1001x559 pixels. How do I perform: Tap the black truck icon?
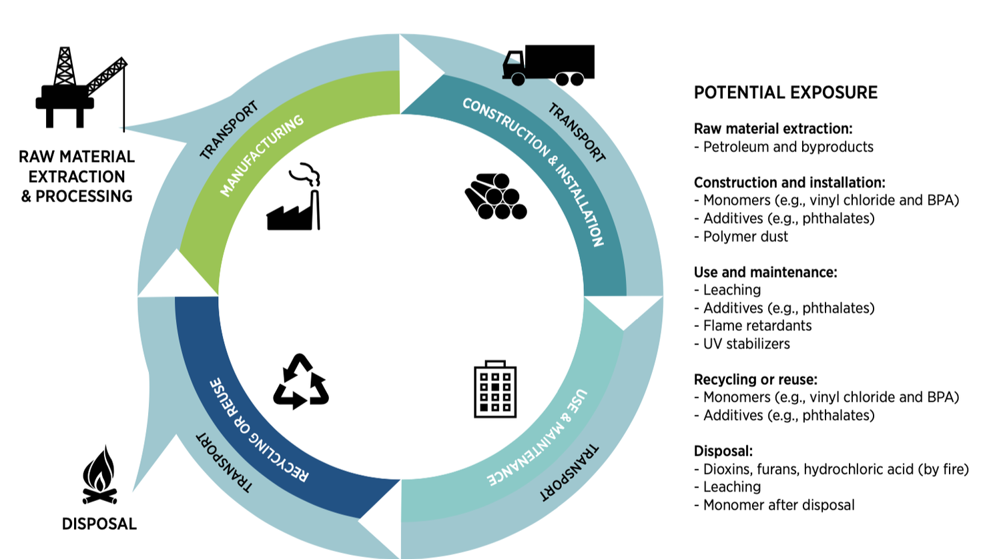coord(548,65)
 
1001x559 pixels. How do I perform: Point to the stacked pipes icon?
coord(496,197)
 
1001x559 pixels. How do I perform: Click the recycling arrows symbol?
coord(300,382)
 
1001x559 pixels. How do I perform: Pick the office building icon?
coord(495,390)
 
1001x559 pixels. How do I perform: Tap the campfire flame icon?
coord(99,476)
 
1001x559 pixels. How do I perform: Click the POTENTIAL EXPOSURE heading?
coord(785,93)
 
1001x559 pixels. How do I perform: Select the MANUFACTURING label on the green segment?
coord(262,155)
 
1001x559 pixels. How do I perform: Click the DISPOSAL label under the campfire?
coord(99,524)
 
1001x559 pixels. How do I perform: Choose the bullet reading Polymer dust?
coord(745,237)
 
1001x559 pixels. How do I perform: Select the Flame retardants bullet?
coord(757,326)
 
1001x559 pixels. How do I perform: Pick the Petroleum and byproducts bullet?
coord(787,147)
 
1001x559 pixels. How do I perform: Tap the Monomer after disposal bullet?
coord(778,506)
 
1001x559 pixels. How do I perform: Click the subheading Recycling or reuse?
coord(755,380)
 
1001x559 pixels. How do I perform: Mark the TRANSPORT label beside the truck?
coord(577,133)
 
